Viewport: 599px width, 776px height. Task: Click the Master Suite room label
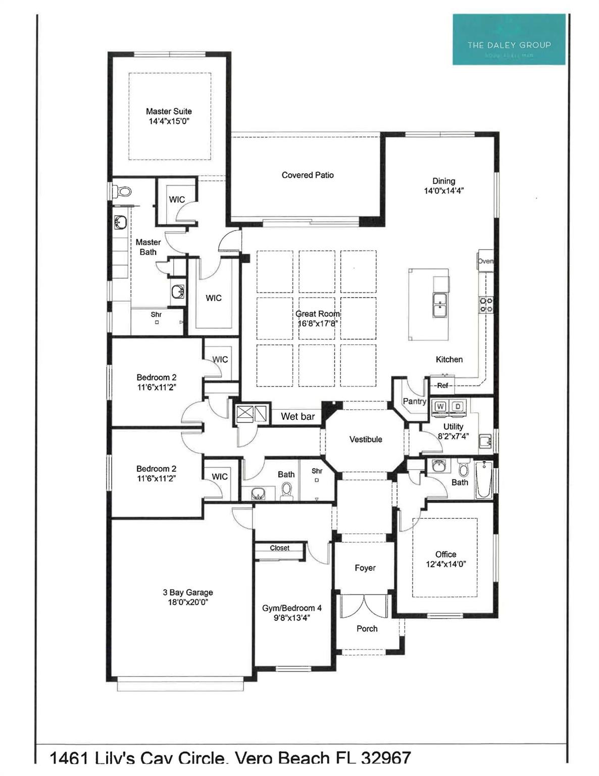(x=169, y=111)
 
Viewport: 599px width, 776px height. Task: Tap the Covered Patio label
(x=308, y=175)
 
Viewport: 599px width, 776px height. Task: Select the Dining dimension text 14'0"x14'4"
(x=443, y=191)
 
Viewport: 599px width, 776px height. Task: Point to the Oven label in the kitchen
(x=485, y=261)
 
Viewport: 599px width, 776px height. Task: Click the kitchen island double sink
(x=440, y=305)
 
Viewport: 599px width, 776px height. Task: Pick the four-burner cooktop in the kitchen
(x=486, y=305)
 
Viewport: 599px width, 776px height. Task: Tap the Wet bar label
(x=297, y=416)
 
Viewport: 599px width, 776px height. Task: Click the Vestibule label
(x=366, y=440)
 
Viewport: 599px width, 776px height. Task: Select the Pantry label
(x=414, y=401)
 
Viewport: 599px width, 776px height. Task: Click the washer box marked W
(x=440, y=406)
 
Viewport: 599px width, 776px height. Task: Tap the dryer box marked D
(x=458, y=406)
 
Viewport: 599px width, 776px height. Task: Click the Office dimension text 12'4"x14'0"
(x=445, y=564)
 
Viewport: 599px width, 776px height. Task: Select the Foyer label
(x=365, y=568)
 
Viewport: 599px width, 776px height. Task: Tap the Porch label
(x=367, y=628)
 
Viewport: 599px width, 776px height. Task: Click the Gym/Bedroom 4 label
(x=291, y=608)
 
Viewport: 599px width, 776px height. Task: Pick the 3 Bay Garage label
(x=188, y=593)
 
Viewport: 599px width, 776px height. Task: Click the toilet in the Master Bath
(x=123, y=191)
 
